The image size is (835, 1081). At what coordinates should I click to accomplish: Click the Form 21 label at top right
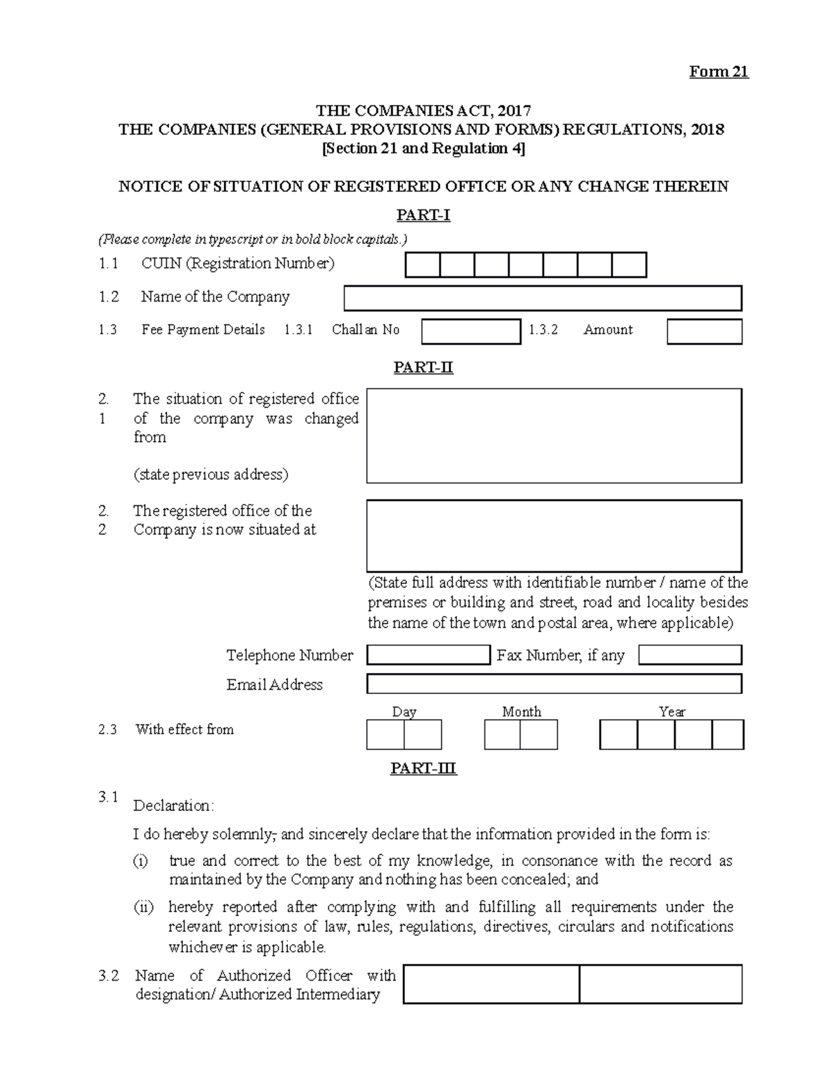click(x=718, y=72)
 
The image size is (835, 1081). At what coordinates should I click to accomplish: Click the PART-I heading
click(x=422, y=215)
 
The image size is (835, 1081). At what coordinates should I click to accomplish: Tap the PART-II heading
click(x=422, y=367)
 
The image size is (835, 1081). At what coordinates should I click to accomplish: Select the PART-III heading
click(x=422, y=768)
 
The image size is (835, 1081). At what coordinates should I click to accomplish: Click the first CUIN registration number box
click(x=422, y=265)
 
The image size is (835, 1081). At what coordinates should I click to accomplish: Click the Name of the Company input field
click(x=542, y=298)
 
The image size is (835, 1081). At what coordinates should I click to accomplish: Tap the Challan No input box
click(x=470, y=331)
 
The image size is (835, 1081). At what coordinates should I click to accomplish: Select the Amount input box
click(x=704, y=331)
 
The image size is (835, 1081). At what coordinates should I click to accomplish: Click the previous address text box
click(x=553, y=436)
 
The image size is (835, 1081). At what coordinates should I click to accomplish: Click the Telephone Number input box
click(x=428, y=655)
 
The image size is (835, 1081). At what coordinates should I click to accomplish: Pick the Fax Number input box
click(x=690, y=655)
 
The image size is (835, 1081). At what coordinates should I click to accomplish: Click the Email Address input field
click(x=553, y=684)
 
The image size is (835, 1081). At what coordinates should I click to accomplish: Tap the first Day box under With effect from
click(x=385, y=734)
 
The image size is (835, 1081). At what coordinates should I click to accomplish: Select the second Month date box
click(x=539, y=734)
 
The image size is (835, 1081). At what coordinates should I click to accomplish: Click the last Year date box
click(x=728, y=734)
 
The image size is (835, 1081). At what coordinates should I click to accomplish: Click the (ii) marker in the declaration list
click(x=143, y=907)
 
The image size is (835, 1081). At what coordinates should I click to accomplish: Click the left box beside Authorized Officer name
click(x=491, y=984)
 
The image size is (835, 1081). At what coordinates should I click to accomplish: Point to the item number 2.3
click(x=108, y=729)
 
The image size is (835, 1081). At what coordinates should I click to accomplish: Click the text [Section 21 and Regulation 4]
click(x=422, y=148)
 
